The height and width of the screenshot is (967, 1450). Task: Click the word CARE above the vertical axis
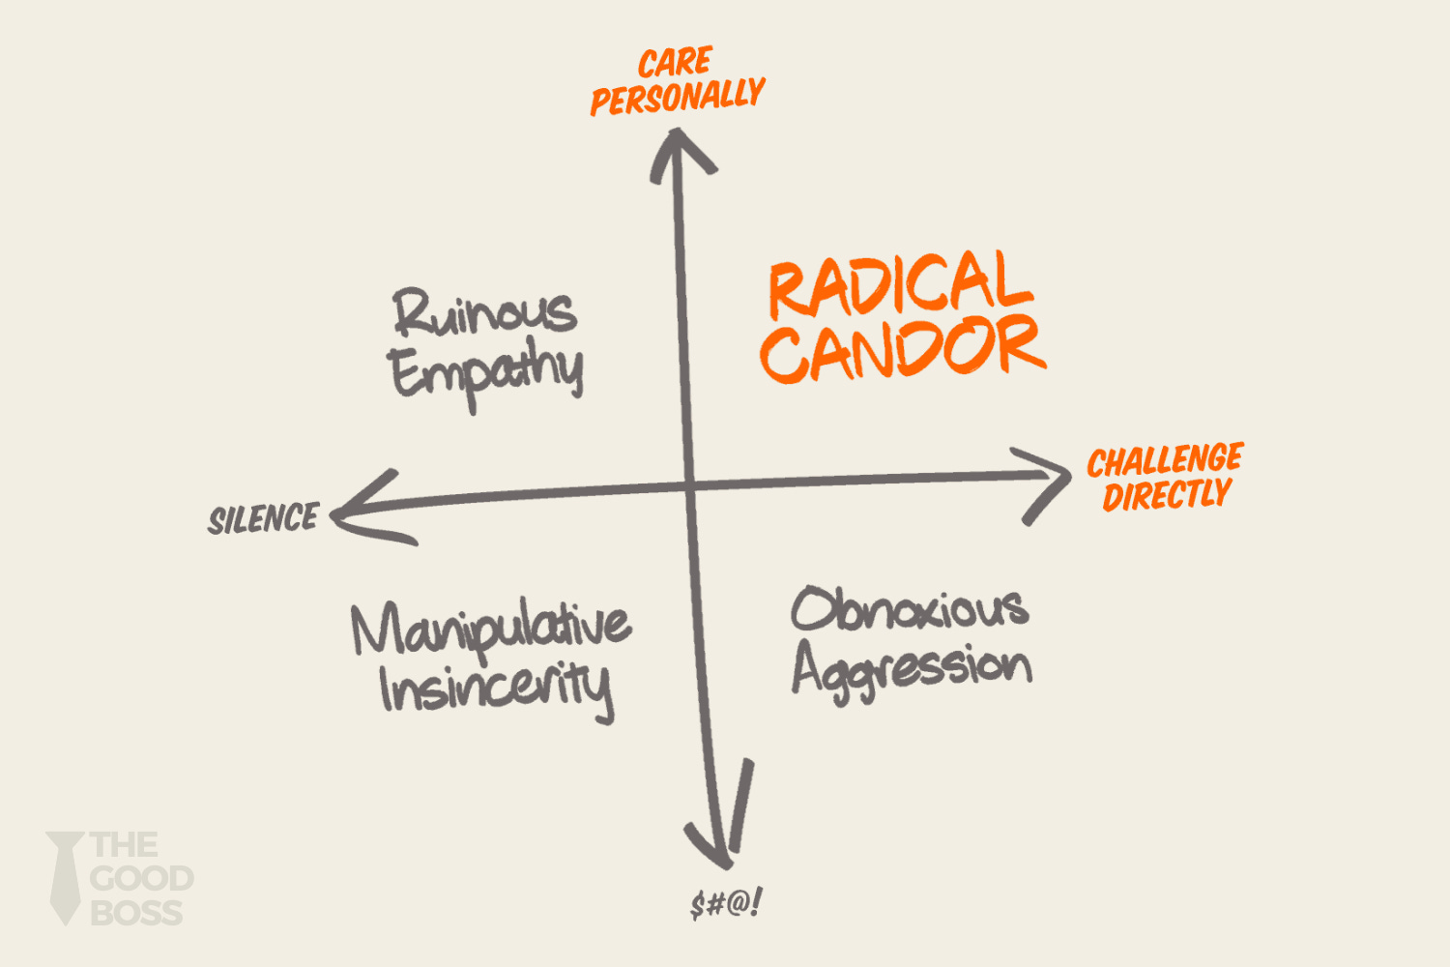[675, 63]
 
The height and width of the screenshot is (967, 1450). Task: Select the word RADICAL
[900, 284]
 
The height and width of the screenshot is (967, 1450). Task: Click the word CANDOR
[902, 348]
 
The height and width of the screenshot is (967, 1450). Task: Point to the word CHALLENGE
[1165, 460]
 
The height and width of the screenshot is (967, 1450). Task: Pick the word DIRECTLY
[1167, 496]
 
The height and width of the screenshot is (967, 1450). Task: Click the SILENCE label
[263, 519]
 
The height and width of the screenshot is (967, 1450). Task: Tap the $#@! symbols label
[726, 904]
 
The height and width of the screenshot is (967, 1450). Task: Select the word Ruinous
[484, 312]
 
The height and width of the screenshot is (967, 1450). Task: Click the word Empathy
[486, 373]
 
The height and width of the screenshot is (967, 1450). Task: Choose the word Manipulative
[491, 629]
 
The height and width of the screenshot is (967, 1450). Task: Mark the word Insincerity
[496, 689]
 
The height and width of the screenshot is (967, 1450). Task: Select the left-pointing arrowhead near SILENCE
[362, 511]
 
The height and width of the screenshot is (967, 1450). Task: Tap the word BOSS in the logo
[135, 913]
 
